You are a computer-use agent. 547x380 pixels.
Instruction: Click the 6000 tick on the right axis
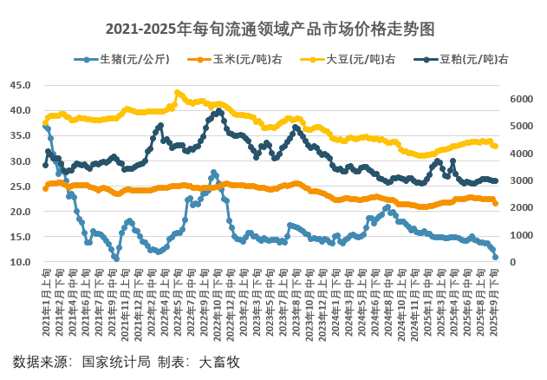point(519,99)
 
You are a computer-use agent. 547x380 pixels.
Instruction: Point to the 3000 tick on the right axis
point(519,180)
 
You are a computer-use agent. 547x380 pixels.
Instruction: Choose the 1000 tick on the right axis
point(519,235)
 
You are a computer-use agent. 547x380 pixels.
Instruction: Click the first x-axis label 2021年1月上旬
point(45,299)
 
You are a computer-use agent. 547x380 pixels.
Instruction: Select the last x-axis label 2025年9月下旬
point(496,299)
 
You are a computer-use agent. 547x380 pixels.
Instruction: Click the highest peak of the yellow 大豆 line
point(177,92)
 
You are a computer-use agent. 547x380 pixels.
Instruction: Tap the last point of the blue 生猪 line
point(496,258)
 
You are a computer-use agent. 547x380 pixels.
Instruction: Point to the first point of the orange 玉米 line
point(45,187)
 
